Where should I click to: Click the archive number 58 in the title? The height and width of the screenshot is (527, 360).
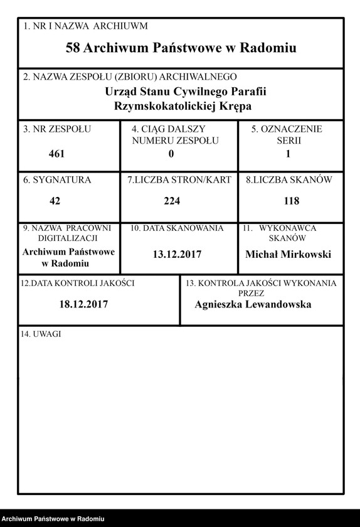pos(73,48)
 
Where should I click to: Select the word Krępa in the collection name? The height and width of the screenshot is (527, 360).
pos(236,106)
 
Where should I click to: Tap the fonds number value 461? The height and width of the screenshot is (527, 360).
pos(56,154)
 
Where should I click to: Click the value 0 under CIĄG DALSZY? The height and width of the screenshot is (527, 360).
pos(171,154)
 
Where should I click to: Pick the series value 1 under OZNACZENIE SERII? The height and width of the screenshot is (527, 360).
pos(288,154)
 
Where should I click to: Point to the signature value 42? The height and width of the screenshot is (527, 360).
pos(55,201)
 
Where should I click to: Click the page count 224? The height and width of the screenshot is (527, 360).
pos(172,201)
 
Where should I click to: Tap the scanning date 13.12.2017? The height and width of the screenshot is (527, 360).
pos(176,255)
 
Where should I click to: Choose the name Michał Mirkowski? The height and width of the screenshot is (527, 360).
pos(288,254)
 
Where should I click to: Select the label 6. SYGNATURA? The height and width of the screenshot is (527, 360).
pos(57,180)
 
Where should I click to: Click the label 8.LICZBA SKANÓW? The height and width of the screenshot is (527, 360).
pos(289,180)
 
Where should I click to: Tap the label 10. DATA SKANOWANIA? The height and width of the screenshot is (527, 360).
pos(177,229)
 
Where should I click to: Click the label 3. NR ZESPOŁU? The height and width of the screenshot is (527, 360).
pos(57,129)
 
